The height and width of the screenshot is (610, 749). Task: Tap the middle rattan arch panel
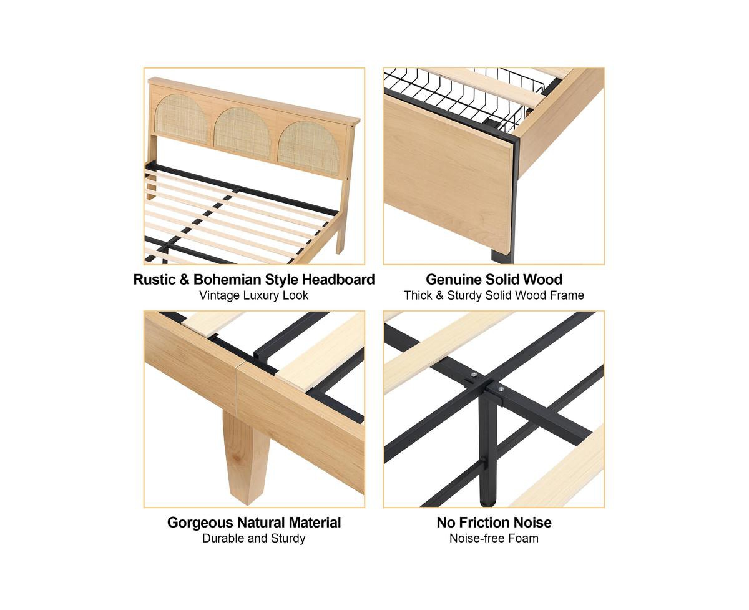coord(243,133)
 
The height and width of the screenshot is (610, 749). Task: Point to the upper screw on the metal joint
coord(474,375)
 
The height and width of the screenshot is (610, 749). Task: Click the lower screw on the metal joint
coord(501,389)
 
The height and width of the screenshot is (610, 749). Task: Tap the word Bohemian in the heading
coord(228,280)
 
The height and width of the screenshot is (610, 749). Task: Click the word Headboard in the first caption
coord(338,280)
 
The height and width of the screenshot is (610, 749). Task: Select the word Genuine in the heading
coord(453,280)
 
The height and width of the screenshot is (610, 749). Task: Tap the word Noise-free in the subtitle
coord(474,539)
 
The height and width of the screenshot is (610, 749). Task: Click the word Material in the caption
coord(315,523)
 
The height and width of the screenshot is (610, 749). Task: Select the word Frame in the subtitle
coord(567,295)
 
